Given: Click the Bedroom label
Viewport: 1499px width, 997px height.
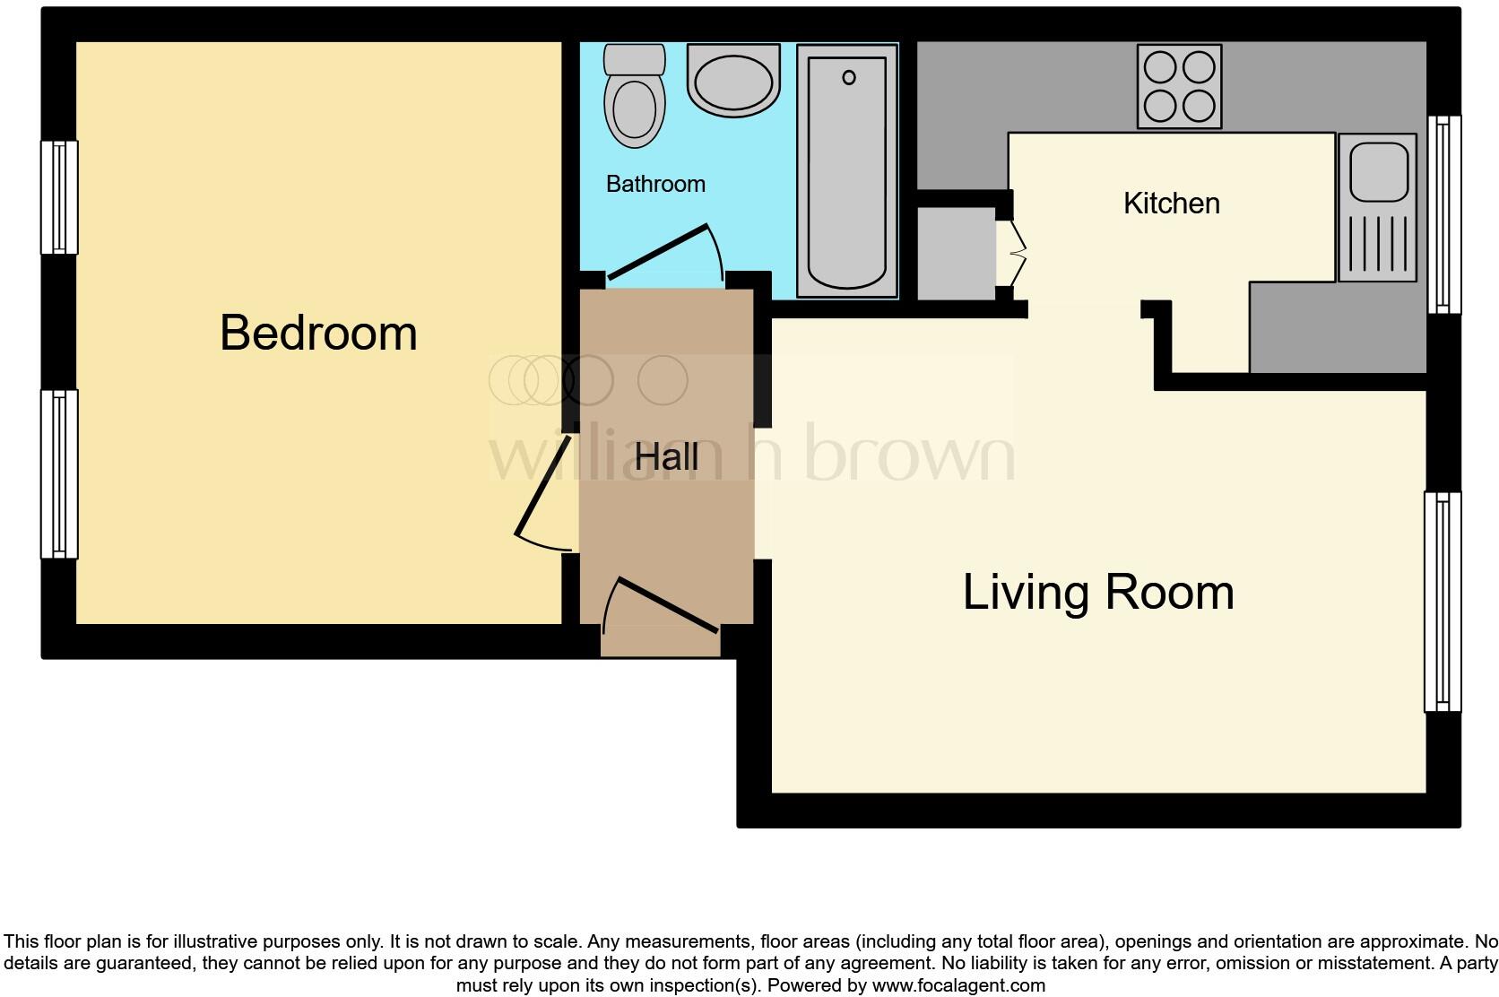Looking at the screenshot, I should pyautogui.click(x=318, y=334).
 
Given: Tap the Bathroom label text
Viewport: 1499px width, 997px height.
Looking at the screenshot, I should pyautogui.click(x=655, y=185).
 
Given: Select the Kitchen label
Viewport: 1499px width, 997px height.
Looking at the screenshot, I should pyautogui.click(x=1171, y=204).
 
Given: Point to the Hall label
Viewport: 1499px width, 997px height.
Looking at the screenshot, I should pyautogui.click(x=666, y=457).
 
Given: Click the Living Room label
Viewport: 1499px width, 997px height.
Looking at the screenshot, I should pyautogui.click(x=1097, y=593).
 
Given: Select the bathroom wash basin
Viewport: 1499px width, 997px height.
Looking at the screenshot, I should pyautogui.click(x=732, y=80).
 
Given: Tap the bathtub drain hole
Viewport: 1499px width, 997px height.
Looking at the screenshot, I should pyautogui.click(x=848, y=78).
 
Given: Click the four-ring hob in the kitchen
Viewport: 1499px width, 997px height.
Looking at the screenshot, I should pyautogui.click(x=1179, y=86).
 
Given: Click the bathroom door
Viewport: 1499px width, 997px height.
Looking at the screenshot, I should pyautogui.click(x=663, y=253).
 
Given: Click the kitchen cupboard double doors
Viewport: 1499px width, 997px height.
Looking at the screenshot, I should pyautogui.click(x=1017, y=255).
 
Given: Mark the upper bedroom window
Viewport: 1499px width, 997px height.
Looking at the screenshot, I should pyautogui.click(x=59, y=197).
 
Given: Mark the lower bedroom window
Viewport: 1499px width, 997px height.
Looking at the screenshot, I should pyautogui.click(x=59, y=473).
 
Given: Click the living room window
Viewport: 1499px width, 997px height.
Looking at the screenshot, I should pyautogui.click(x=1442, y=602).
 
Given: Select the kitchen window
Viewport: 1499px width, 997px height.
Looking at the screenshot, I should pyautogui.click(x=1443, y=214).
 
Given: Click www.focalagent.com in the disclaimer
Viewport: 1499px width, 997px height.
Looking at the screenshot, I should pyautogui.click(x=957, y=985).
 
